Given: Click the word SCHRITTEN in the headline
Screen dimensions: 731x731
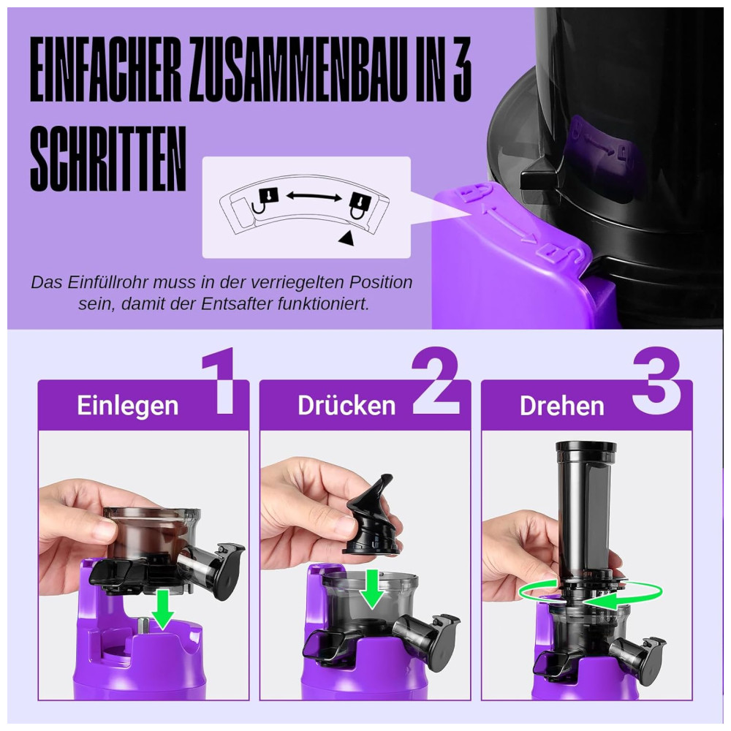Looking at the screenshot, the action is pyautogui.click(x=108, y=159).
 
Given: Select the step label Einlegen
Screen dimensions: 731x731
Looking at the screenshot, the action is pyautogui.click(x=127, y=406).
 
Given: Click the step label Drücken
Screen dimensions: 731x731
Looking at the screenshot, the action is pyautogui.click(x=346, y=405).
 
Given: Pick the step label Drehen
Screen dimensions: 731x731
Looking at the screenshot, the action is pyautogui.click(x=561, y=406).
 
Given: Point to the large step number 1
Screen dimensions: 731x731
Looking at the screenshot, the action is pyautogui.click(x=220, y=382).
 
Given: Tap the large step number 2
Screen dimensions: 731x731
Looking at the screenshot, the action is pyautogui.click(x=436, y=380).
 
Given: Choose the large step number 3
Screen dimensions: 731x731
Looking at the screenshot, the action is pyautogui.click(x=656, y=380).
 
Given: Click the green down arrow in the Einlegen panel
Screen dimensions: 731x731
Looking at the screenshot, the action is pyautogui.click(x=163, y=609).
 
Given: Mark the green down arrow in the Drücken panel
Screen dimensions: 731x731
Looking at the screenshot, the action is pyautogui.click(x=372, y=588).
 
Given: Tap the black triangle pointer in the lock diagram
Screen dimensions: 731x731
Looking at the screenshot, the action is pyautogui.click(x=346, y=238).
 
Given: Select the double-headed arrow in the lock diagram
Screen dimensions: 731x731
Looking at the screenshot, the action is pyautogui.click(x=314, y=197).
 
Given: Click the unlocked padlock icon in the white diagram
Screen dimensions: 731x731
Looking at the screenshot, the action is pyautogui.click(x=265, y=200).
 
